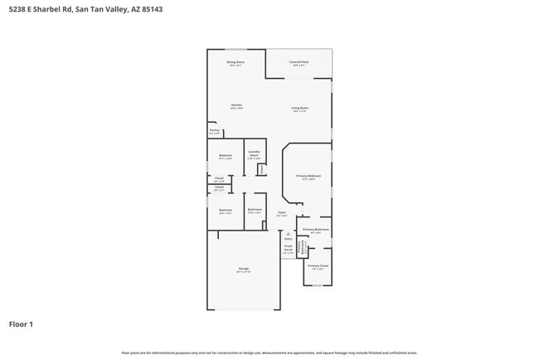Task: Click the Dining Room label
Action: point(236,63)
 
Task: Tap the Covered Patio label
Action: point(299,63)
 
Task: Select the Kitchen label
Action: point(236,106)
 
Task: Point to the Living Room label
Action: point(299,109)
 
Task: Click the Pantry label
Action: point(214,131)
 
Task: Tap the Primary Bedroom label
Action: point(308,177)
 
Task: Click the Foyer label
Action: point(282,214)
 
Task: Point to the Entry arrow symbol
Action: point(288,234)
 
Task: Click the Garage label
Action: point(244,270)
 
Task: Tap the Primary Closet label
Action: point(318,266)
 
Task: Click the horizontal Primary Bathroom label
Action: point(316,230)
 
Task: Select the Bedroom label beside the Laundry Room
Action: point(225,156)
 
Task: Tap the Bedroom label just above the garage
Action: point(225,211)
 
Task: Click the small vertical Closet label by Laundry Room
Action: point(262,169)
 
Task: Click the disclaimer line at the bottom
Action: point(269,353)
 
